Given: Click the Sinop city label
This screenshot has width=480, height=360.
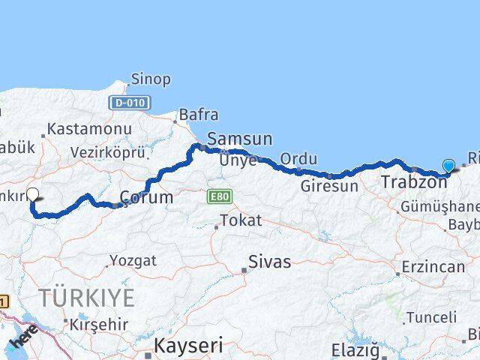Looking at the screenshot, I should (150, 79).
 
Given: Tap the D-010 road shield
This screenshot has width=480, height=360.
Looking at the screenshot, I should (130, 102).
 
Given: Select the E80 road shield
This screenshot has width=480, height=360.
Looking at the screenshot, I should (220, 196).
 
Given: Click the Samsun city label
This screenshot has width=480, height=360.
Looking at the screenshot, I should (239, 139).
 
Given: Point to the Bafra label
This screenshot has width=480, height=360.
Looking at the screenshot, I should (198, 115).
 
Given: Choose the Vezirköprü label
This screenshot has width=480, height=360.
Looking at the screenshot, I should (107, 151).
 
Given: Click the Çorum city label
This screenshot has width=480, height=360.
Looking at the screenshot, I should (146, 198).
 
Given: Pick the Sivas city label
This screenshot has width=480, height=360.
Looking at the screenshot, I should (269, 262).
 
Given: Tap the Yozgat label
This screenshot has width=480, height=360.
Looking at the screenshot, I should (133, 261).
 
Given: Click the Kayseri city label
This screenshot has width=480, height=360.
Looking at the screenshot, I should (188, 346).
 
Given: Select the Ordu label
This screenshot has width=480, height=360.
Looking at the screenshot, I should (298, 159).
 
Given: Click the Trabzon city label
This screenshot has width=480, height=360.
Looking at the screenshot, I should (414, 181).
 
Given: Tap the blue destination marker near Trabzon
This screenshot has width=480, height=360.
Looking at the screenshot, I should (448, 166).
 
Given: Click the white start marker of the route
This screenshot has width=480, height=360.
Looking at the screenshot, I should (32, 195).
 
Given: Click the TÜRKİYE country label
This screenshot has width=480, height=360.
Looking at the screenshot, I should (87, 298).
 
